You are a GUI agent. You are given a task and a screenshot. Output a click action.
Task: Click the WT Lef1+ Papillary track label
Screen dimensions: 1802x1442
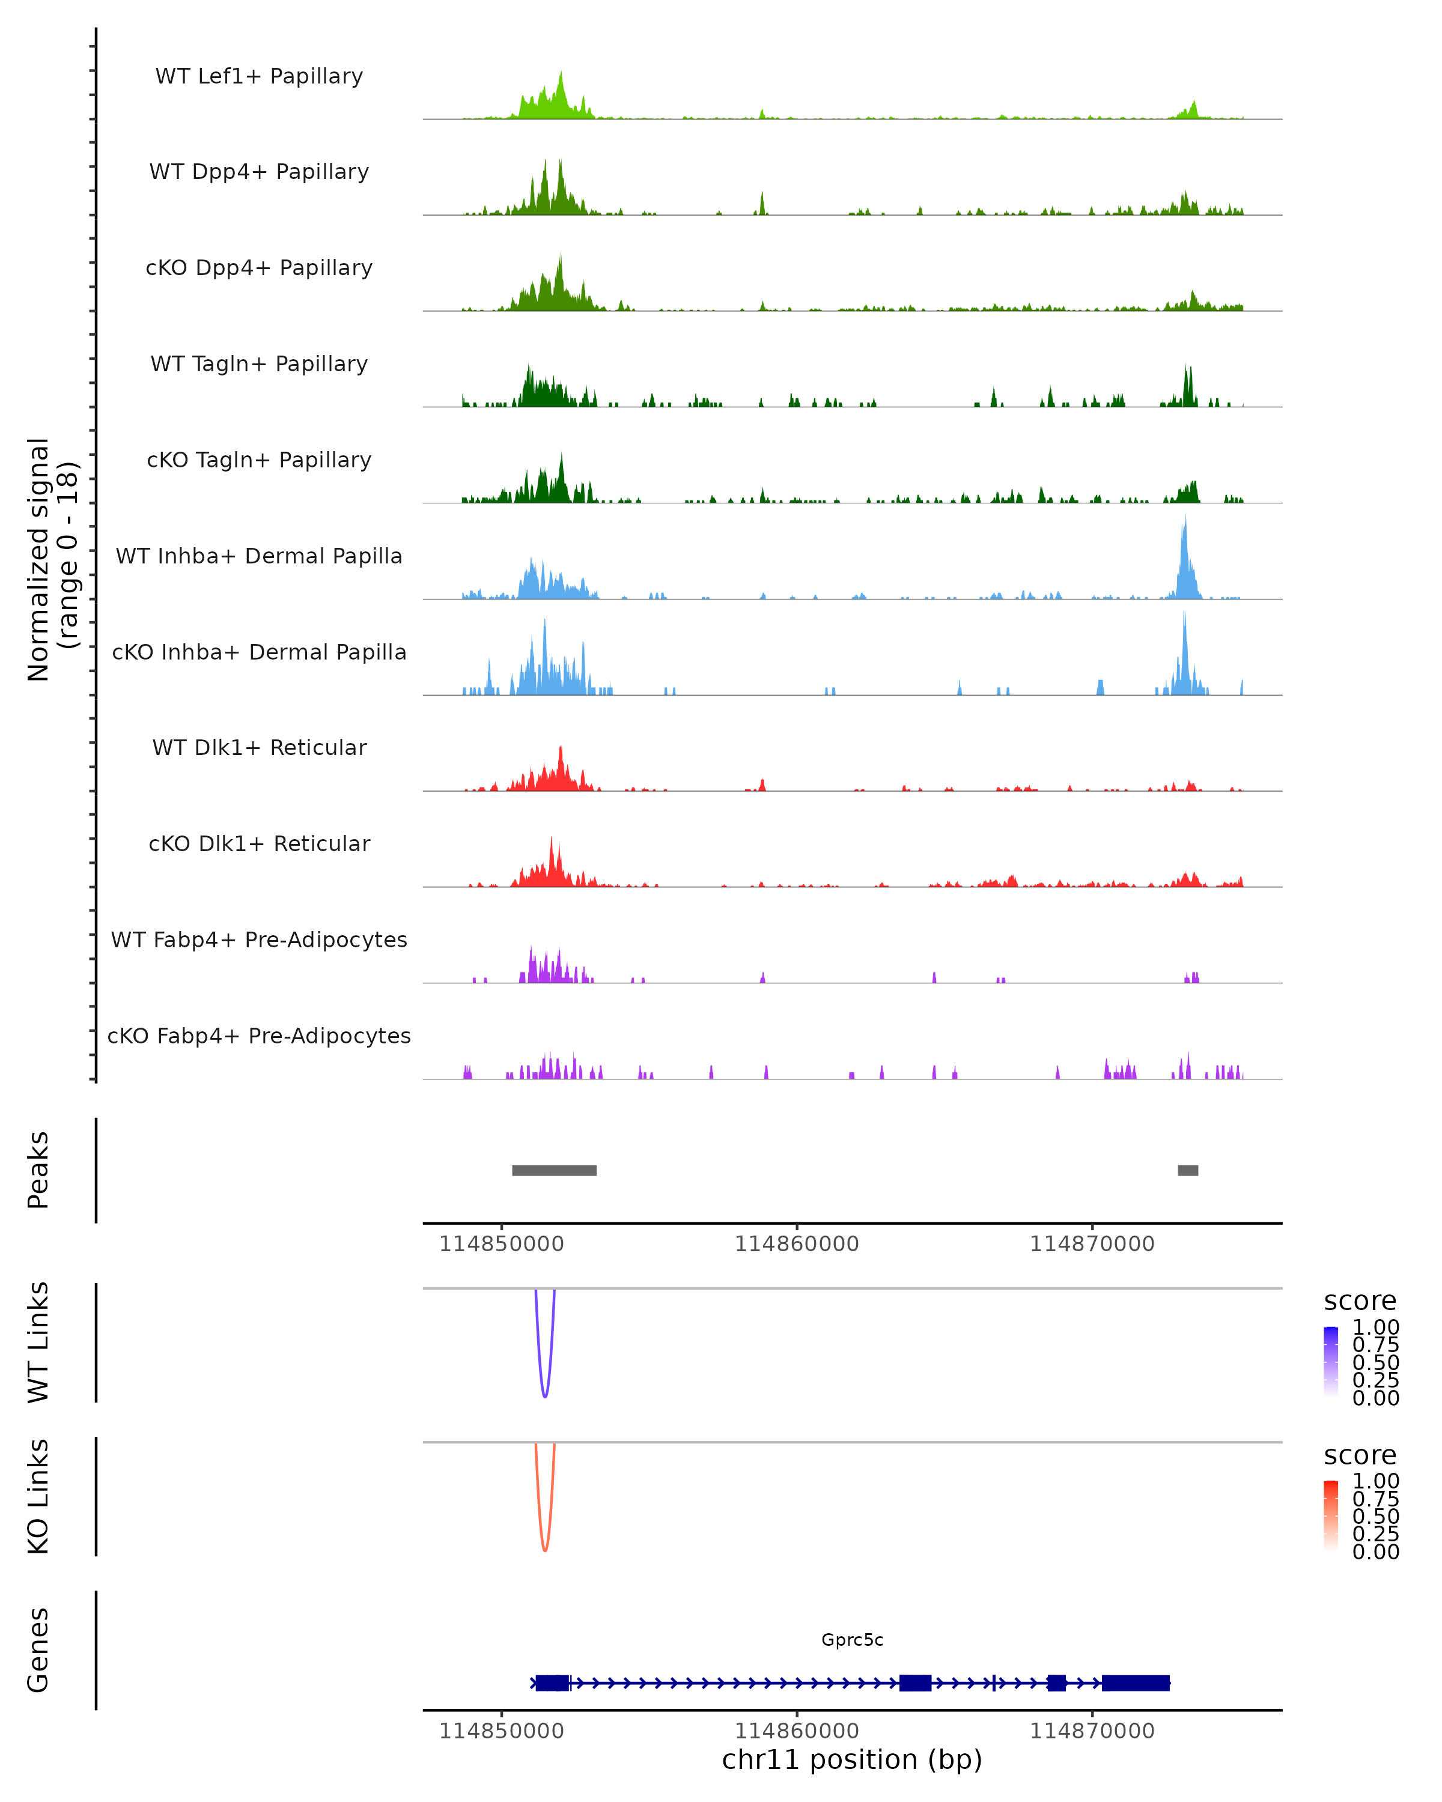pyautogui.click(x=259, y=76)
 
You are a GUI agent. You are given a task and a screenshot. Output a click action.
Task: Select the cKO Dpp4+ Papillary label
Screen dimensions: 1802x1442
pyautogui.click(x=259, y=267)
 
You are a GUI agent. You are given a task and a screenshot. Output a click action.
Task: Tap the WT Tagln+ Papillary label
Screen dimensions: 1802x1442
pyautogui.click(x=259, y=363)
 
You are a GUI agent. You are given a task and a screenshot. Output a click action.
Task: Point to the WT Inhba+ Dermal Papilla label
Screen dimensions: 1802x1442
pyautogui.click(x=259, y=556)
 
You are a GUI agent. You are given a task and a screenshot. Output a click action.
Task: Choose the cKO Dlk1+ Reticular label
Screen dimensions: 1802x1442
pyautogui.click(x=259, y=843)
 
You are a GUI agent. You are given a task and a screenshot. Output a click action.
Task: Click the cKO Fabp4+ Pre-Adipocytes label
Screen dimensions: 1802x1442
pyautogui.click(x=259, y=1036)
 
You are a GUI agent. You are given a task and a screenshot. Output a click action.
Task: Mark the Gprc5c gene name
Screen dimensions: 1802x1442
pyautogui.click(x=852, y=1639)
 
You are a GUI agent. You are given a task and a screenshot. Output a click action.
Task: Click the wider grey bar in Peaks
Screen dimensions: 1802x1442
pyautogui.click(x=554, y=1170)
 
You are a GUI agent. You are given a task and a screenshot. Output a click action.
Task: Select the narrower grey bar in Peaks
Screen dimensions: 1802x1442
pyautogui.click(x=1188, y=1170)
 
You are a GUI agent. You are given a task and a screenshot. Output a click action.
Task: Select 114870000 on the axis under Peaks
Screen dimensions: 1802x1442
pyautogui.click(x=1092, y=1244)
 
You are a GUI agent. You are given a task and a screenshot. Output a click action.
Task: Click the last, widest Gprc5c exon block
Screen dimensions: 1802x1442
pyautogui.click(x=1135, y=1682)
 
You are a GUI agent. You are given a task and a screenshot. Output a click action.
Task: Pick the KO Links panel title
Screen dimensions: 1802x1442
pyautogui.click(x=38, y=1496)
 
